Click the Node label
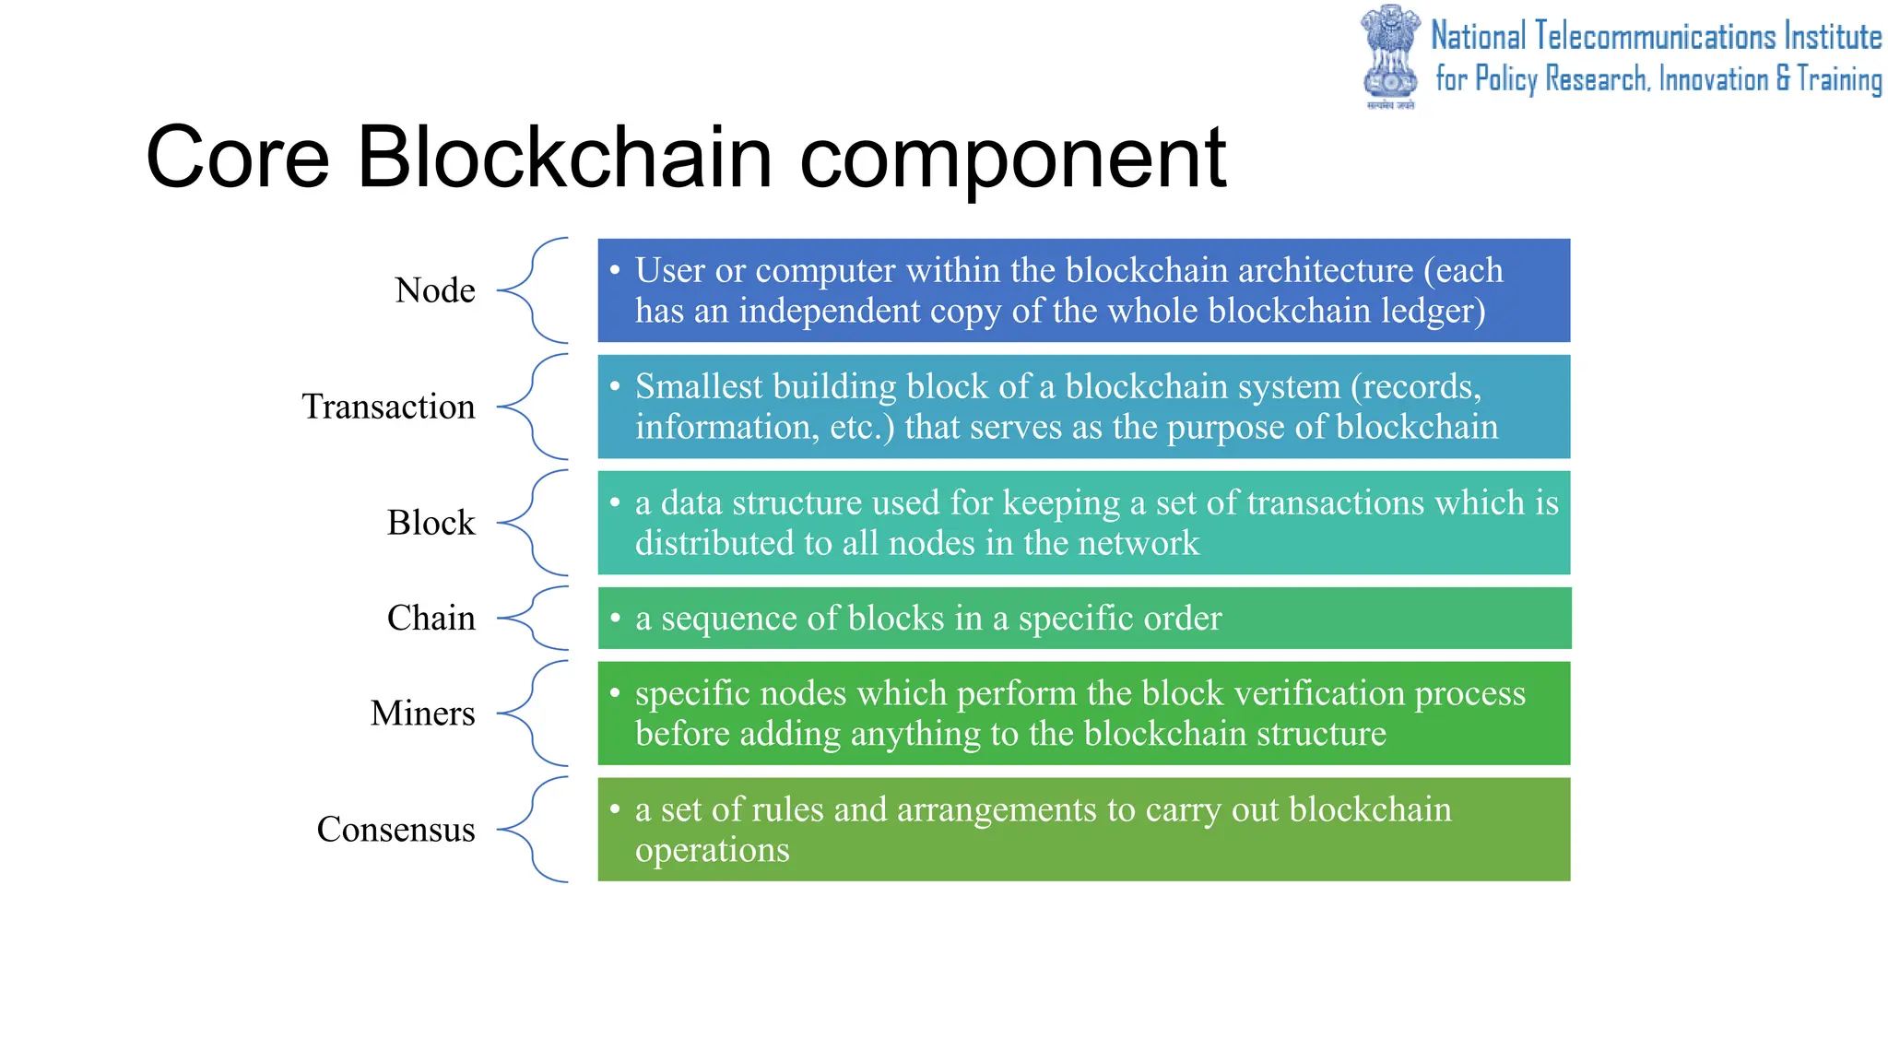pos(434,290)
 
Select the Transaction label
pos(388,407)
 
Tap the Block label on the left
pos(431,523)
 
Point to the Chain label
pos(431,618)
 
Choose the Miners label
pos(422,714)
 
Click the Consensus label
pos(395,830)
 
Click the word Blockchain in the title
pos(563,158)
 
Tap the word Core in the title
pos(237,158)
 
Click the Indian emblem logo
pos(1390,55)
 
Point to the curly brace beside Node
pos(535,290)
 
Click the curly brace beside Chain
pos(535,618)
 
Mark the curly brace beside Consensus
pos(535,830)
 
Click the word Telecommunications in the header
pos(1656,37)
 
